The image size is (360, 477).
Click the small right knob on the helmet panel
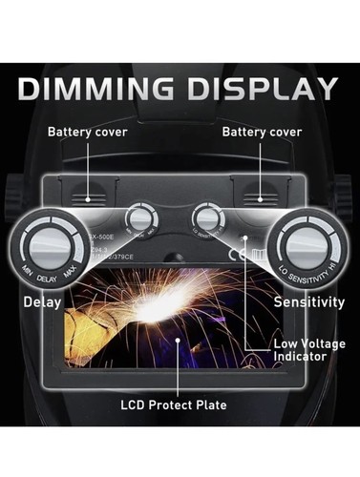206,215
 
